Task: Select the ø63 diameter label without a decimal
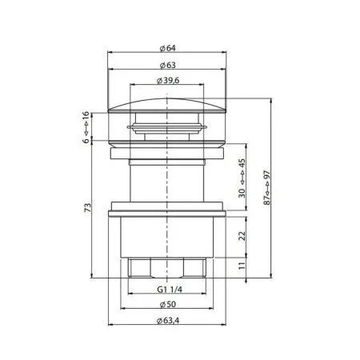167,65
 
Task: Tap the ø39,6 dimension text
167,81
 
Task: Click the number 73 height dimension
87,209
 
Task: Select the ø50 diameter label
167,306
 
